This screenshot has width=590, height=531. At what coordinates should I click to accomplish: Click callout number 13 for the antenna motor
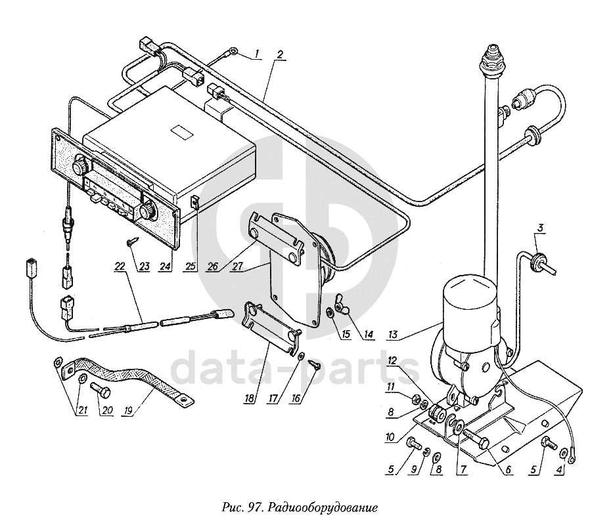pyautogui.click(x=392, y=334)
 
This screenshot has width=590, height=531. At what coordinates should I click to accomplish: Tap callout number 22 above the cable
pyautogui.click(x=120, y=266)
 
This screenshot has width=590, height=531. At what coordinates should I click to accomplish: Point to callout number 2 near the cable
pyautogui.click(x=279, y=54)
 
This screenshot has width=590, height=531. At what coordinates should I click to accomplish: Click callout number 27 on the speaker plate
pyautogui.click(x=237, y=266)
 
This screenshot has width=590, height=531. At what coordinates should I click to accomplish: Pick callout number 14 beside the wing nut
pyautogui.click(x=369, y=334)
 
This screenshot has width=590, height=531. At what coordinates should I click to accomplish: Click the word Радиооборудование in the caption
pyautogui.click(x=323, y=508)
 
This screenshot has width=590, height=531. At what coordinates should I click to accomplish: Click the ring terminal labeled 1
pyautogui.click(x=234, y=50)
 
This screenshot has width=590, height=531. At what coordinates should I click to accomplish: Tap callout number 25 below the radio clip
pyautogui.click(x=191, y=266)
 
